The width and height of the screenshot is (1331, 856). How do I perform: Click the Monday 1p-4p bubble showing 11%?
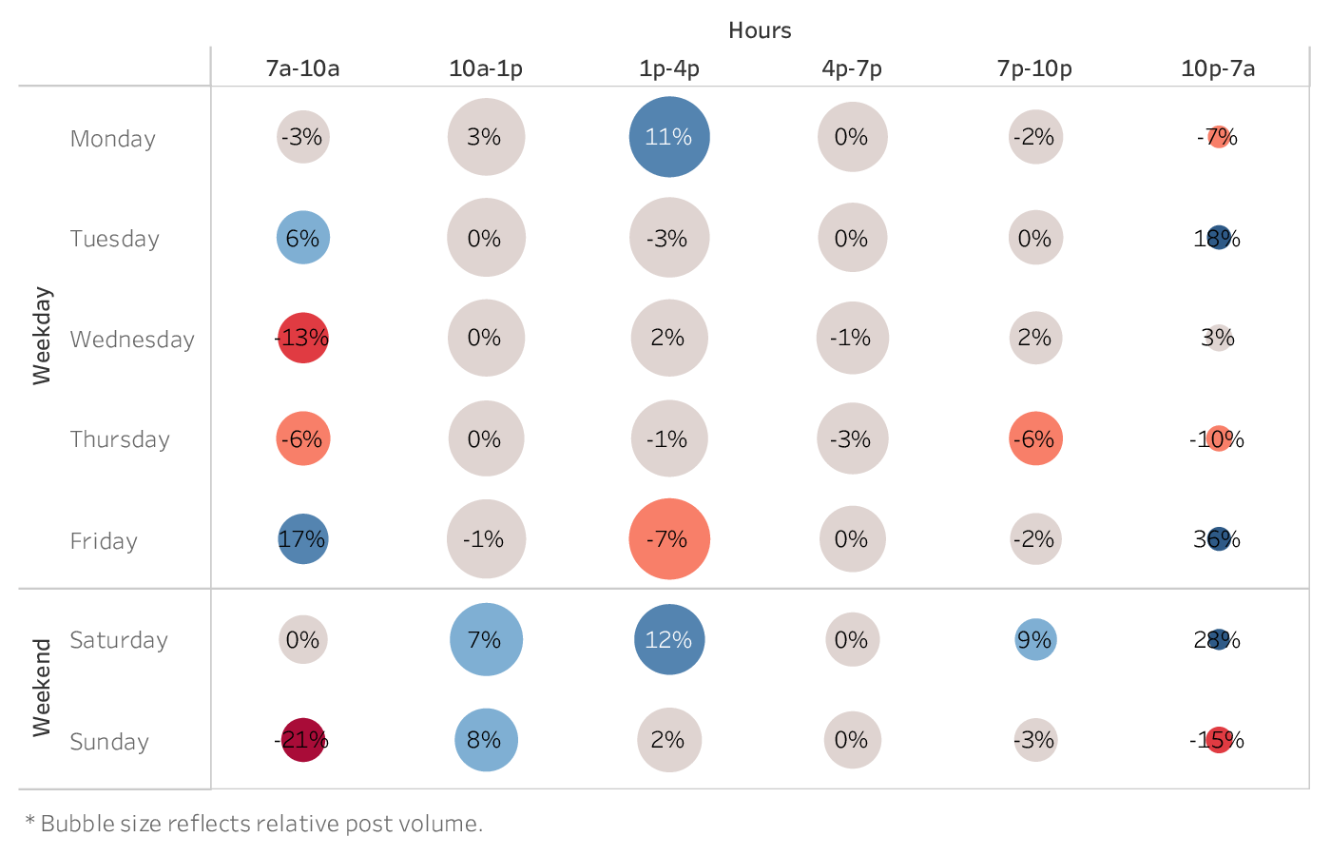tap(669, 137)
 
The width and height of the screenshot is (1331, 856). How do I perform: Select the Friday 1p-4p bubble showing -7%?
tap(669, 539)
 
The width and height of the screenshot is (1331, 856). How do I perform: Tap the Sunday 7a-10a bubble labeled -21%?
tap(302, 740)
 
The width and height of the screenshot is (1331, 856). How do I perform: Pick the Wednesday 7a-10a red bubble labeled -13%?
tap(302, 338)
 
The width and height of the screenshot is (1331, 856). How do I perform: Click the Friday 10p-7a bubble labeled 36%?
tap(1219, 539)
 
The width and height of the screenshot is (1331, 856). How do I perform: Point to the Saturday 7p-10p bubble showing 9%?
tap(1035, 640)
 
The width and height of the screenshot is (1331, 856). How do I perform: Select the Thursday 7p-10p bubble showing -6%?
tap(1035, 438)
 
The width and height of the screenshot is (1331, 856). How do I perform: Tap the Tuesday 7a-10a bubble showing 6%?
tap(302, 238)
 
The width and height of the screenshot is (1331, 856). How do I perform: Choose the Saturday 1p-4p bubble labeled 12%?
tap(669, 640)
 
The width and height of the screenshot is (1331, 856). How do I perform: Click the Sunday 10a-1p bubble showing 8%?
tap(486, 740)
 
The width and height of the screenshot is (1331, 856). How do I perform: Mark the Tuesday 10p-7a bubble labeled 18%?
tap(1219, 238)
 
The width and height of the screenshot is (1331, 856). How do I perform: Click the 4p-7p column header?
tap(852, 68)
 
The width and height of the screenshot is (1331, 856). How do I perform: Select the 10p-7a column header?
tap(1218, 68)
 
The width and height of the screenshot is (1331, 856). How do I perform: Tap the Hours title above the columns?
tap(760, 30)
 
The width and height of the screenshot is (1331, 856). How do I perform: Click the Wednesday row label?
tap(132, 340)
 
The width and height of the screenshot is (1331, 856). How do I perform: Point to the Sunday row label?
tap(109, 742)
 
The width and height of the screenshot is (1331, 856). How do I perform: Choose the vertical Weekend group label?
tap(42, 688)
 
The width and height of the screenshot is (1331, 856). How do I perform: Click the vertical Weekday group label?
tap(42, 336)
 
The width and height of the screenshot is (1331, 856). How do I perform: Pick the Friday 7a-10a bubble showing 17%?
tap(302, 539)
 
